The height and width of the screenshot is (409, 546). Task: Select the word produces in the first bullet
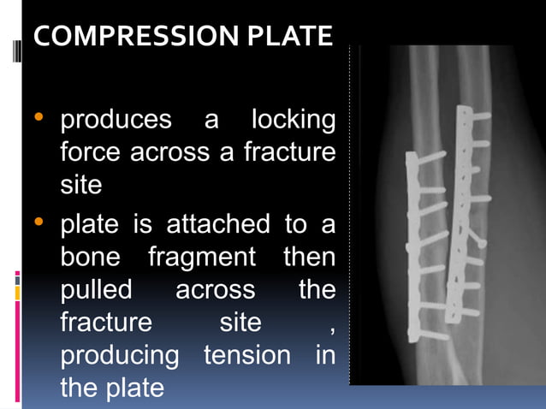(x=116, y=120)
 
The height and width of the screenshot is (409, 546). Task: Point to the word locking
(x=294, y=120)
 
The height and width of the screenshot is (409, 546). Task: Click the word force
(x=92, y=152)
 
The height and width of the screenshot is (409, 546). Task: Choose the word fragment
(x=202, y=258)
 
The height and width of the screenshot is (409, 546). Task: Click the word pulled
(x=96, y=290)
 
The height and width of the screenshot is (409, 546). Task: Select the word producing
(x=120, y=354)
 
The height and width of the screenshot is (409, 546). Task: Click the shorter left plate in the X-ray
(x=412, y=248)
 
